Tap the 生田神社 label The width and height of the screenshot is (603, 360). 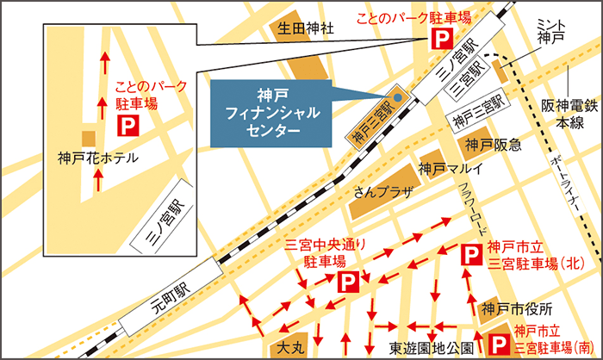[x=305, y=28]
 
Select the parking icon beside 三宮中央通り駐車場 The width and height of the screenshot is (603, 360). [x=348, y=281]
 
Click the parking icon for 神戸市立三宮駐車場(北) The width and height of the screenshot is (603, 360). [x=472, y=254]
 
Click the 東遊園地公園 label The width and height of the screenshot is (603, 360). [x=429, y=348]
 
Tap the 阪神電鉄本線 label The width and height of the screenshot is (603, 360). [x=563, y=115]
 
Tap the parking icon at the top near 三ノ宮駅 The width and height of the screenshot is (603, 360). [x=440, y=38]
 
